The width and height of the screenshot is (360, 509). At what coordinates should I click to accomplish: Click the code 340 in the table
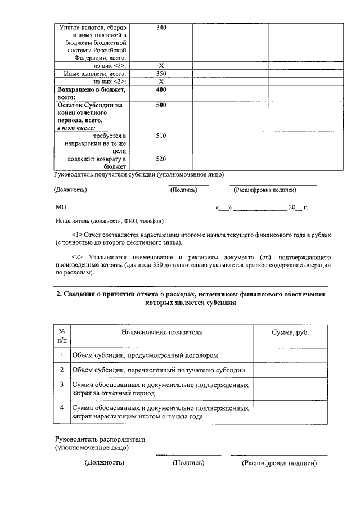[x=161, y=28]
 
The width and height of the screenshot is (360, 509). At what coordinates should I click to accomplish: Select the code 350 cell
[x=161, y=74]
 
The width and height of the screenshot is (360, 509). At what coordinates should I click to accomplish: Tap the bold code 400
[x=161, y=89]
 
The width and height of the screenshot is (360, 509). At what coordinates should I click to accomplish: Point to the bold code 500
[x=161, y=105]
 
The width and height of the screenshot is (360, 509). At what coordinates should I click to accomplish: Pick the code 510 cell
[x=161, y=136]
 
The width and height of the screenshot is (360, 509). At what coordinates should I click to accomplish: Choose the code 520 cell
[x=161, y=159]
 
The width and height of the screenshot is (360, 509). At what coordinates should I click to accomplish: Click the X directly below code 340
[x=161, y=66]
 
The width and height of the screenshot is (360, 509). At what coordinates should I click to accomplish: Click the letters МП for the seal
[x=61, y=208]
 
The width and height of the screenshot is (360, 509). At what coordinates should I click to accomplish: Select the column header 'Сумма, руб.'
[x=290, y=332]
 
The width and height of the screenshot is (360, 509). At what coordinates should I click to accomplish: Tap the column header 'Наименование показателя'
[x=161, y=332]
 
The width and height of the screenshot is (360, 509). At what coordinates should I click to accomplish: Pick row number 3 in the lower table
[x=62, y=384]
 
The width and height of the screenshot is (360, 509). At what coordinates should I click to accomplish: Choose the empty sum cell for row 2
[x=290, y=370]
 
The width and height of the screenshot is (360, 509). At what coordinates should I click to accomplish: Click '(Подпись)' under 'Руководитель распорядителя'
[x=188, y=463]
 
